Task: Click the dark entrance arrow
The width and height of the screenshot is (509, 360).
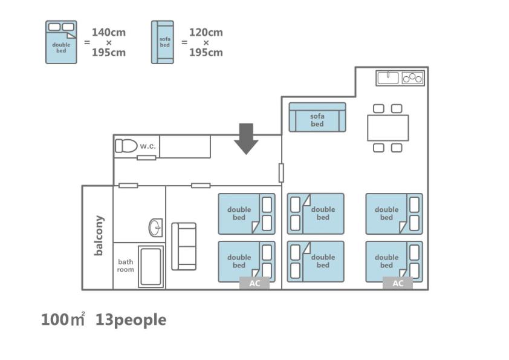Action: pyautogui.click(x=246, y=139)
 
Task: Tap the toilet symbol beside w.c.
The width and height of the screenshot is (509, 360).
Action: pyautogui.click(x=126, y=146)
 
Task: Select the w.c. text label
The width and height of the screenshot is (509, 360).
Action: pyautogui.click(x=148, y=146)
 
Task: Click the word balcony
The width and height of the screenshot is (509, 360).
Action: pyautogui.click(x=99, y=235)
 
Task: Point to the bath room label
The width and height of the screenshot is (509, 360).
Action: pyautogui.click(x=125, y=266)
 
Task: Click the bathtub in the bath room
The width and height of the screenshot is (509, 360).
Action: pyautogui.click(x=151, y=267)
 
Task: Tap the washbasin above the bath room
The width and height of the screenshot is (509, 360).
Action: pyautogui.click(x=156, y=227)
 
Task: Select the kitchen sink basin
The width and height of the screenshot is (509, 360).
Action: pyautogui.click(x=388, y=78)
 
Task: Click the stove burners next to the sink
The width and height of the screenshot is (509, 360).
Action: pyautogui.click(x=412, y=78)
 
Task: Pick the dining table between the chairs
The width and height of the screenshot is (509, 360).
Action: pyautogui.click(x=388, y=128)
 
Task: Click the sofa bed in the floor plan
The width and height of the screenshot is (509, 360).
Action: pyautogui.click(x=317, y=117)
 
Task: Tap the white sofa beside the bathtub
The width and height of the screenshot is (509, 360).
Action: pyautogui.click(x=184, y=246)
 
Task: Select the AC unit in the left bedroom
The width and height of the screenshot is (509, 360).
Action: pyautogui.click(x=254, y=283)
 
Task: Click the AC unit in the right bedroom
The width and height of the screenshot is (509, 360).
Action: pyautogui.click(x=398, y=283)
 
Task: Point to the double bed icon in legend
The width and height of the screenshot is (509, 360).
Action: pyautogui.click(x=61, y=42)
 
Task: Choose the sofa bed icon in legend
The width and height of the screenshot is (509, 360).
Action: pyautogui.click(x=162, y=42)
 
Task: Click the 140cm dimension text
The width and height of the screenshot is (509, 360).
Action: pyautogui.click(x=109, y=33)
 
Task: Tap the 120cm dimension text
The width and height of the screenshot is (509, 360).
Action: pyautogui.click(x=206, y=33)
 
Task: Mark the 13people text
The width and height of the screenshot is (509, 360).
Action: pyautogui.click(x=131, y=320)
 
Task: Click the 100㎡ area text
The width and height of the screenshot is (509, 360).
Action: pyautogui.click(x=63, y=319)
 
